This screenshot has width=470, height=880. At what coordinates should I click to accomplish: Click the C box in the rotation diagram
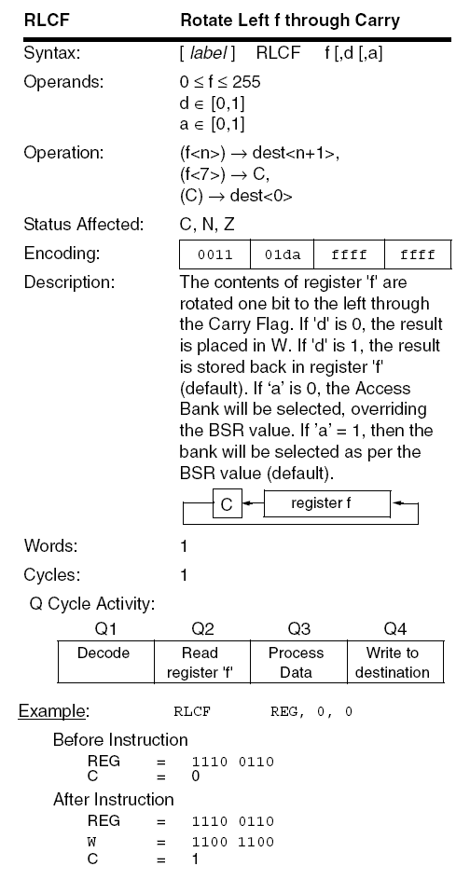coord(225,505)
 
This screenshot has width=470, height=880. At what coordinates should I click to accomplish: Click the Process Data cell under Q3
coord(296,662)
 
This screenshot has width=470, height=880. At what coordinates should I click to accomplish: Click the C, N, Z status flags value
coord(207,224)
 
